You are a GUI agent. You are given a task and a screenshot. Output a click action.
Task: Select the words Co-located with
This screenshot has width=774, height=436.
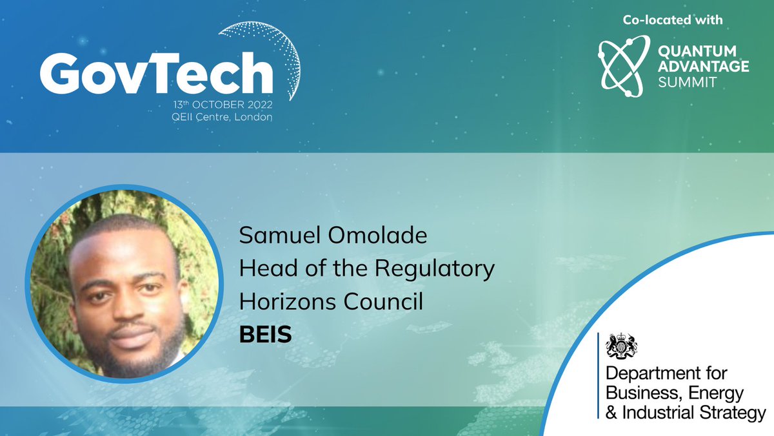[x=673, y=20]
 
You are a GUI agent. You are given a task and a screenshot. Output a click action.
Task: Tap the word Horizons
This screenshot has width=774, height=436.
[x=284, y=302]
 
